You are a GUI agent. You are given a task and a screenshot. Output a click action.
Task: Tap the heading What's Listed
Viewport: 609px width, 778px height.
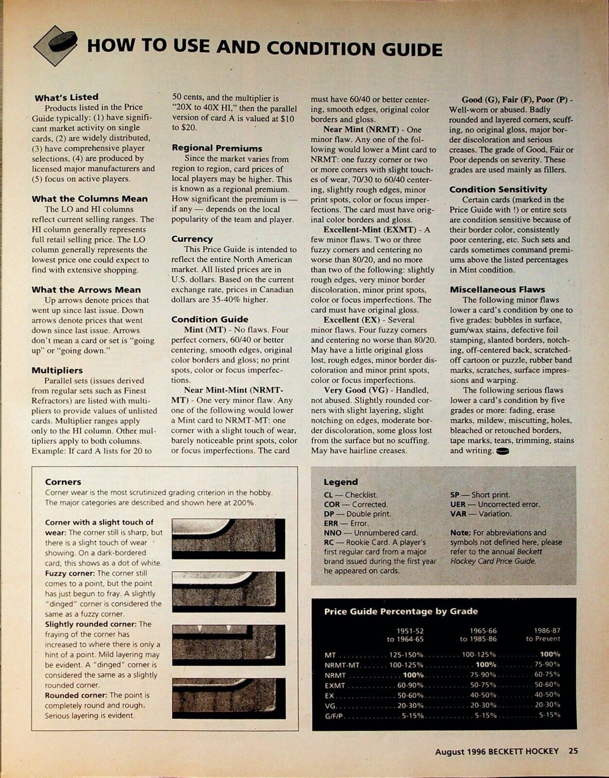pos(66,97)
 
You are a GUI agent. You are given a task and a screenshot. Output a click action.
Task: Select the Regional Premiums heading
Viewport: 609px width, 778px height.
pos(216,148)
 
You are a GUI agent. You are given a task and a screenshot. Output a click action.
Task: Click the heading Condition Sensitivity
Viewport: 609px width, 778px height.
pos(498,189)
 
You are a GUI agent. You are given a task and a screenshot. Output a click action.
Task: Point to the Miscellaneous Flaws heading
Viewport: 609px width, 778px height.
pos(497,289)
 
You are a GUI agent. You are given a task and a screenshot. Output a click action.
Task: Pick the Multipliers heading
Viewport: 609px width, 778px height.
pos(57,370)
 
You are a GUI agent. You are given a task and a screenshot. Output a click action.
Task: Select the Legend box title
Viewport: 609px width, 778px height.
pos(340,482)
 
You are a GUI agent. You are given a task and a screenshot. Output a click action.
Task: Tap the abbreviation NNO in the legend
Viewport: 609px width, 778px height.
pos(332,533)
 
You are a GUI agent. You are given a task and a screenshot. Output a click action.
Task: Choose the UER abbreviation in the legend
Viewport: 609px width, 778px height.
pos(458,505)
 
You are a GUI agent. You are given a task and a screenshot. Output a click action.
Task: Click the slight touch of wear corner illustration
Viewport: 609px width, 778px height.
pos(228,538)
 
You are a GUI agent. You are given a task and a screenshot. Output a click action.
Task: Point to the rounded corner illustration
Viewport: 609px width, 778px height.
pos(228,698)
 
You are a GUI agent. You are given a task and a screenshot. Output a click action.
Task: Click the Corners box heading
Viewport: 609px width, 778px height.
pos(63,482)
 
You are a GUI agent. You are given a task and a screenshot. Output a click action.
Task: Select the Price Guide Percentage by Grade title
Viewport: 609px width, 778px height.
pos(401,612)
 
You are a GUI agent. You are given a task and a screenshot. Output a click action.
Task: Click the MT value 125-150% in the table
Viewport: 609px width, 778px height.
pos(406,655)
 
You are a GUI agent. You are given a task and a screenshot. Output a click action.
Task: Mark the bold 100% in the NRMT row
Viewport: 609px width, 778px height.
pos(413,675)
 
